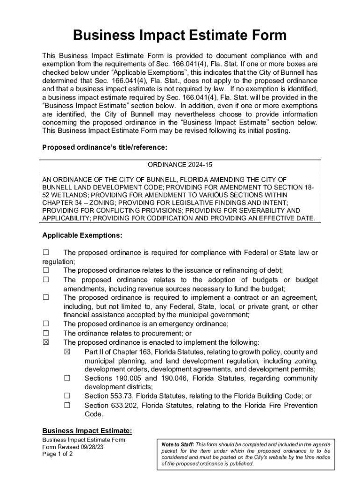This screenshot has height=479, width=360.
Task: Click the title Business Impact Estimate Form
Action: [x=180, y=36]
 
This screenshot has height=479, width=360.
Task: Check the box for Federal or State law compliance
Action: [x=46, y=253]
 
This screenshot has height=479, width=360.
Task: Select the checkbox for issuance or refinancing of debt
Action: [x=46, y=270]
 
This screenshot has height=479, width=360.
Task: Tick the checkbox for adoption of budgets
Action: [x=46, y=280]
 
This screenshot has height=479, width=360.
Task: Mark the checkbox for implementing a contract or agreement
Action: [x=46, y=298]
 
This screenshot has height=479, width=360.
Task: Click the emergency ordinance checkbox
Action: [x=46, y=324]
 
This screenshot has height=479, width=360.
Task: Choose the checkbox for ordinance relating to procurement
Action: [x=46, y=333]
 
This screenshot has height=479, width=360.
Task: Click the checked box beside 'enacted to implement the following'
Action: [x=46, y=342]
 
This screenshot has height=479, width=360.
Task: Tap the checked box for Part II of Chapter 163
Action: [x=67, y=352]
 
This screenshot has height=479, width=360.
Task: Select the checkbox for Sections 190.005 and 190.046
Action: [x=67, y=378]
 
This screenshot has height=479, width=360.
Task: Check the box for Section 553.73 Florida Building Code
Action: [x=67, y=396]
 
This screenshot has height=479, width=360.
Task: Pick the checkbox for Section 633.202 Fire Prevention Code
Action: [x=67, y=405]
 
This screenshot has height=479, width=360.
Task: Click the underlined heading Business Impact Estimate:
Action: [x=87, y=431]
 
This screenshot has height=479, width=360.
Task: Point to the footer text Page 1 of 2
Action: [x=58, y=454]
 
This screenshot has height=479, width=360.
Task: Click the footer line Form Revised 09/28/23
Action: [x=73, y=447]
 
